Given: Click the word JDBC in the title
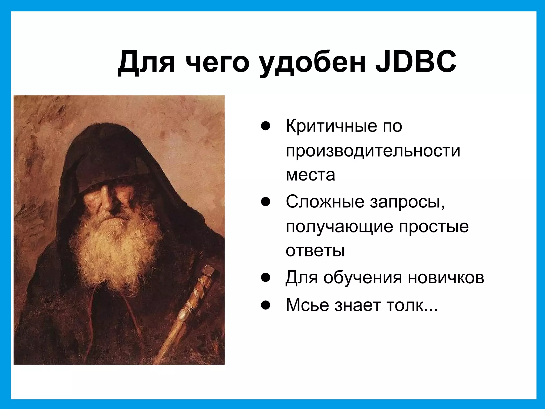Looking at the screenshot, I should coord(416,62).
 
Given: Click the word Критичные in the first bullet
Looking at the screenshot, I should coord(331,126).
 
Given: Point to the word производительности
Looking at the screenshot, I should coord(373,151).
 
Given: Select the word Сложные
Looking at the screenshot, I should coord(325,202).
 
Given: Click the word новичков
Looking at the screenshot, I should coord(446,278).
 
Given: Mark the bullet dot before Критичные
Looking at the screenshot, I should coord(266,126).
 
